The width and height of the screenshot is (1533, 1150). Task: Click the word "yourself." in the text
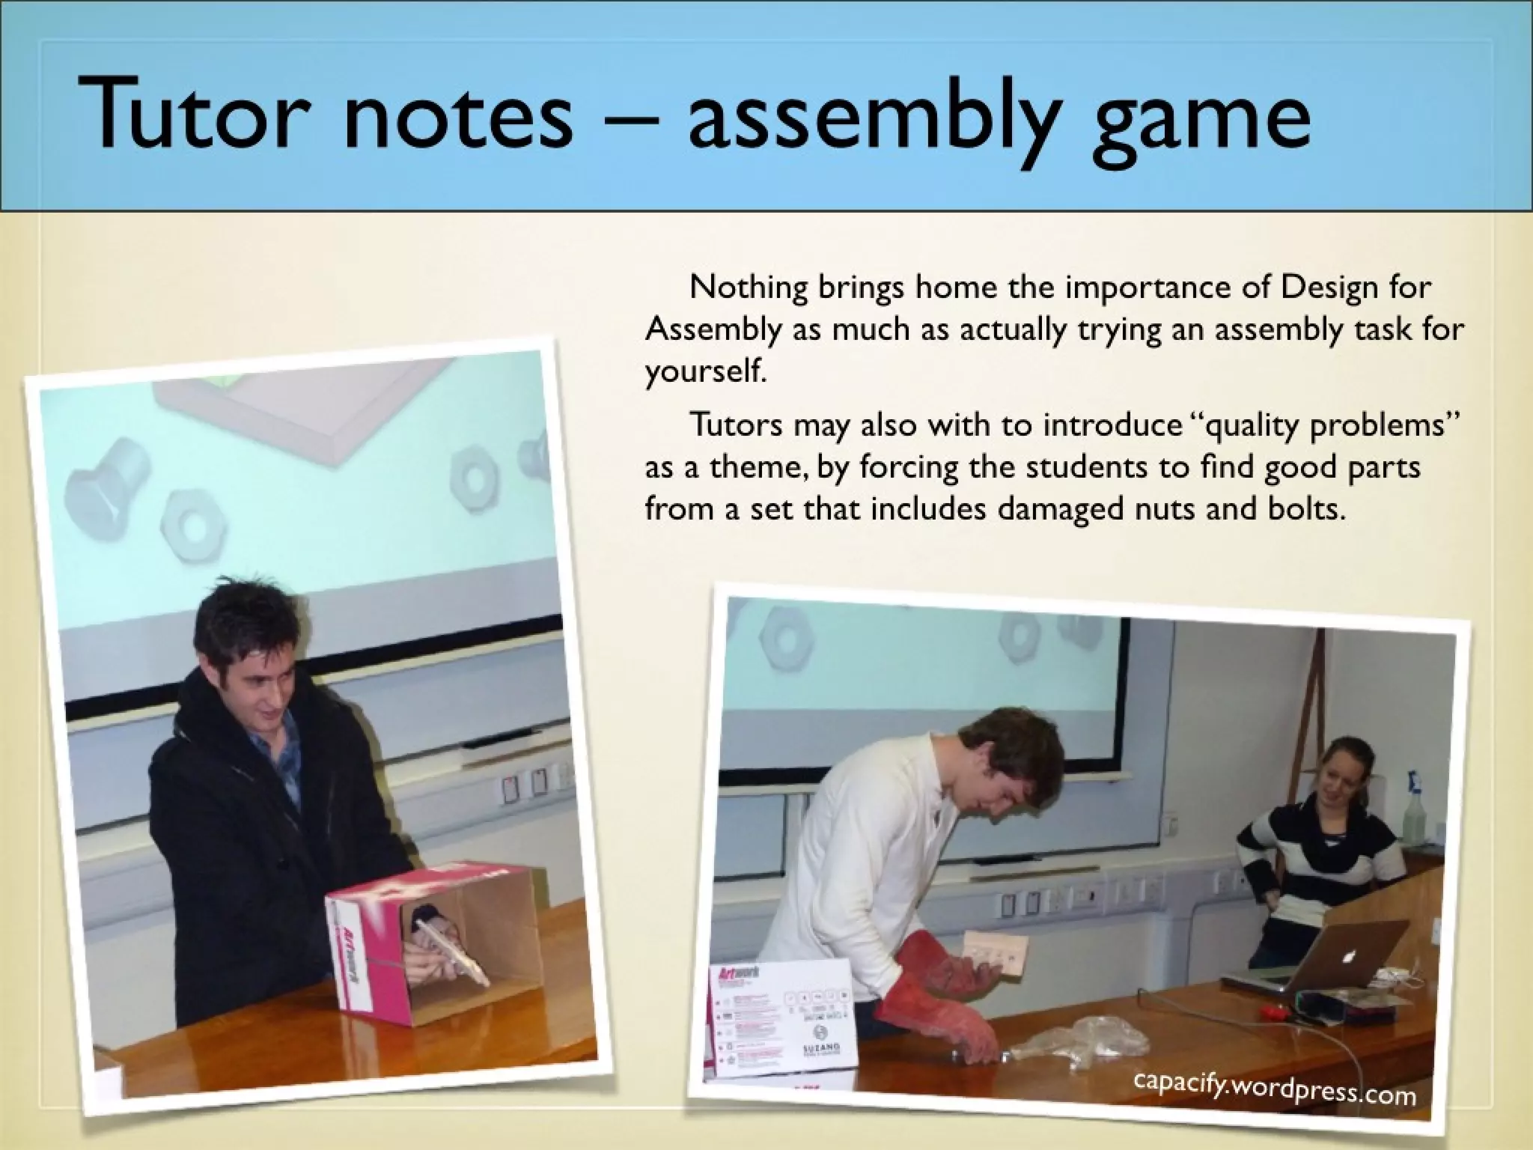pyautogui.click(x=707, y=371)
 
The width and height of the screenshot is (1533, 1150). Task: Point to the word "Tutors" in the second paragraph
pyautogui.click(x=737, y=425)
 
